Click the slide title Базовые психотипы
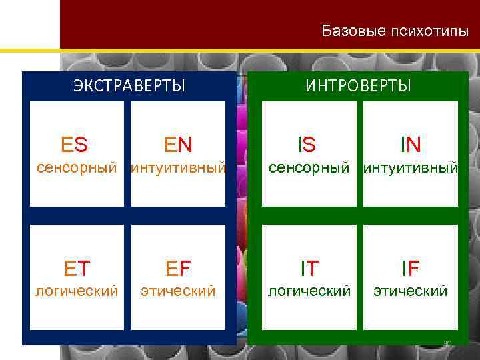point(395,31)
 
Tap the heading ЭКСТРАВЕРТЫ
point(129,86)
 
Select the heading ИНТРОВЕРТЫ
point(359,86)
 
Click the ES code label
point(74,144)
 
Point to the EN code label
point(178,144)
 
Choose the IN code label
point(411,144)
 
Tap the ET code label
point(77,268)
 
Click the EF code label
point(178,268)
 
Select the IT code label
point(309,268)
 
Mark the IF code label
point(411,268)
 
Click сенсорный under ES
point(77,168)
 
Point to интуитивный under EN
point(178,168)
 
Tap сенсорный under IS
point(309,168)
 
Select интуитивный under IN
point(411,168)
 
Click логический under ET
point(77,291)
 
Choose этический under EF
point(178,291)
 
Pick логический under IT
point(309,291)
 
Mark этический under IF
point(411,291)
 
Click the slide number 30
point(447,344)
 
